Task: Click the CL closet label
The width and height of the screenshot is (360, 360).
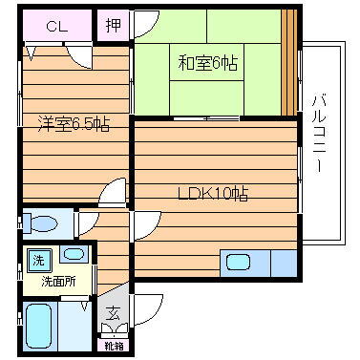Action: pos(56,27)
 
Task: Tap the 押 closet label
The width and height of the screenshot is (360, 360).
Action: pos(113,26)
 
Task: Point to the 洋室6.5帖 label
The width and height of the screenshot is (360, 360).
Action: pos(73,122)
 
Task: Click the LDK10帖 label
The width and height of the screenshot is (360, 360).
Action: pos(213,194)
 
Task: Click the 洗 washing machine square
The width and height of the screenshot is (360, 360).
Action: pos(38,258)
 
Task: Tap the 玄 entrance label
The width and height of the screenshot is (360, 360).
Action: pos(113,311)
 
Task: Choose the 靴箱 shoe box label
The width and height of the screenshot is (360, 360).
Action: pos(114,345)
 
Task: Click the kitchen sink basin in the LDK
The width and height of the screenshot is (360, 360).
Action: pos(237,262)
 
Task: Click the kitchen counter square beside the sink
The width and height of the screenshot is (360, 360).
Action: pos(283,262)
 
